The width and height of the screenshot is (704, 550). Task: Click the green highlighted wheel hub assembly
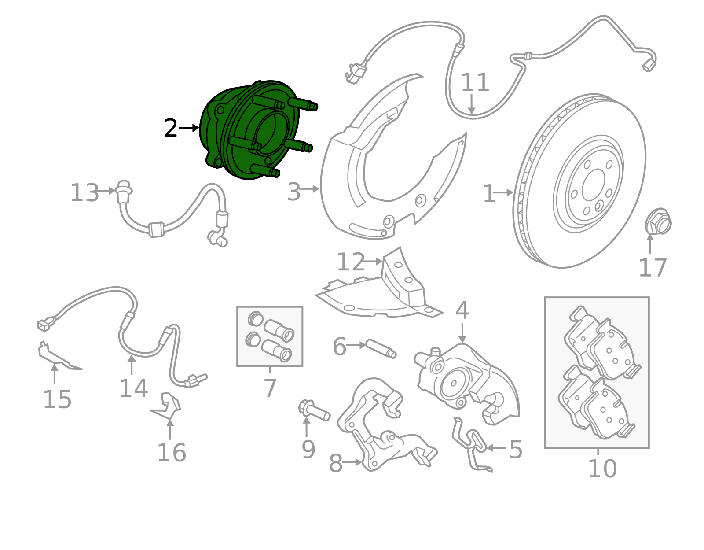(x=246, y=132)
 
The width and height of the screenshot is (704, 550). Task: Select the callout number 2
(x=171, y=129)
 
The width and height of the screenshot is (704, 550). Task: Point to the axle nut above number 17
(x=658, y=221)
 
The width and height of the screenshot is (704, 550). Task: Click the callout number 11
(x=475, y=83)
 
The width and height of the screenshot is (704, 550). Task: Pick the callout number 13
(x=84, y=193)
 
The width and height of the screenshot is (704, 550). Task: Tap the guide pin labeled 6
(x=381, y=348)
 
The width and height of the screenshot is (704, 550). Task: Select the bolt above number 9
(x=314, y=411)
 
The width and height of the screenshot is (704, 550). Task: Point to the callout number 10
(x=602, y=469)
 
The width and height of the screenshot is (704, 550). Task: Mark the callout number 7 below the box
(x=270, y=388)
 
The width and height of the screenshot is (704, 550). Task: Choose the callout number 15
(x=57, y=400)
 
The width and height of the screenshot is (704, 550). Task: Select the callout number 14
(x=133, y=389)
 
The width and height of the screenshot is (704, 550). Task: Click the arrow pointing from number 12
(x=373, y=262)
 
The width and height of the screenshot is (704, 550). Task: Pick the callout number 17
(x=653, y=268)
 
